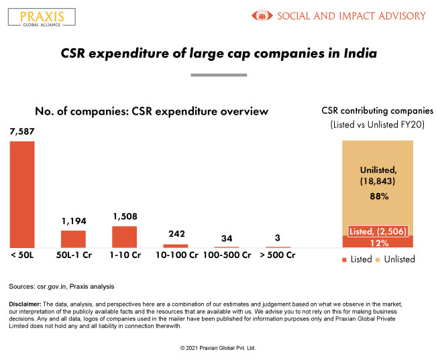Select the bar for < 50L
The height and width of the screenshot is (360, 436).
22,194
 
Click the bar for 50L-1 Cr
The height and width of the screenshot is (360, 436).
73,239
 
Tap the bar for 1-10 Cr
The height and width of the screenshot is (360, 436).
124,237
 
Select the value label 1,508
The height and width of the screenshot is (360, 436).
124,217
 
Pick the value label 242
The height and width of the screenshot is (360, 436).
175,235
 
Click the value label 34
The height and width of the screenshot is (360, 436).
227,239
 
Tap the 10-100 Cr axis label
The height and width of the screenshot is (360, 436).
176,255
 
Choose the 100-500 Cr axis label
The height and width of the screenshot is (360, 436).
227,255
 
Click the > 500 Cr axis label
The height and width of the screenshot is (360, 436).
278,255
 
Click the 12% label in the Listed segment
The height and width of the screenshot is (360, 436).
378,242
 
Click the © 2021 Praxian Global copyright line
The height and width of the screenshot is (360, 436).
218,349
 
